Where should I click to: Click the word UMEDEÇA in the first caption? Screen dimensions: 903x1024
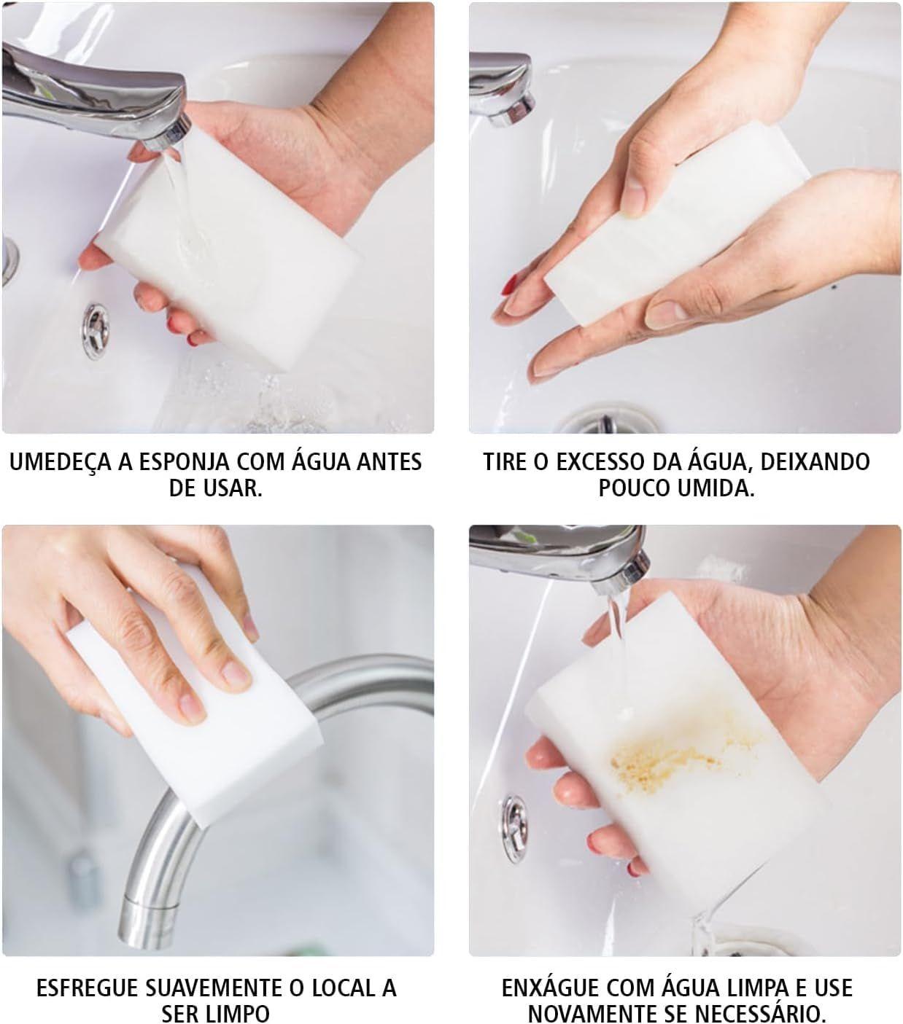coord(61,462)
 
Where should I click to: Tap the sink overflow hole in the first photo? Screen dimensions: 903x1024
coord(96,331)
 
